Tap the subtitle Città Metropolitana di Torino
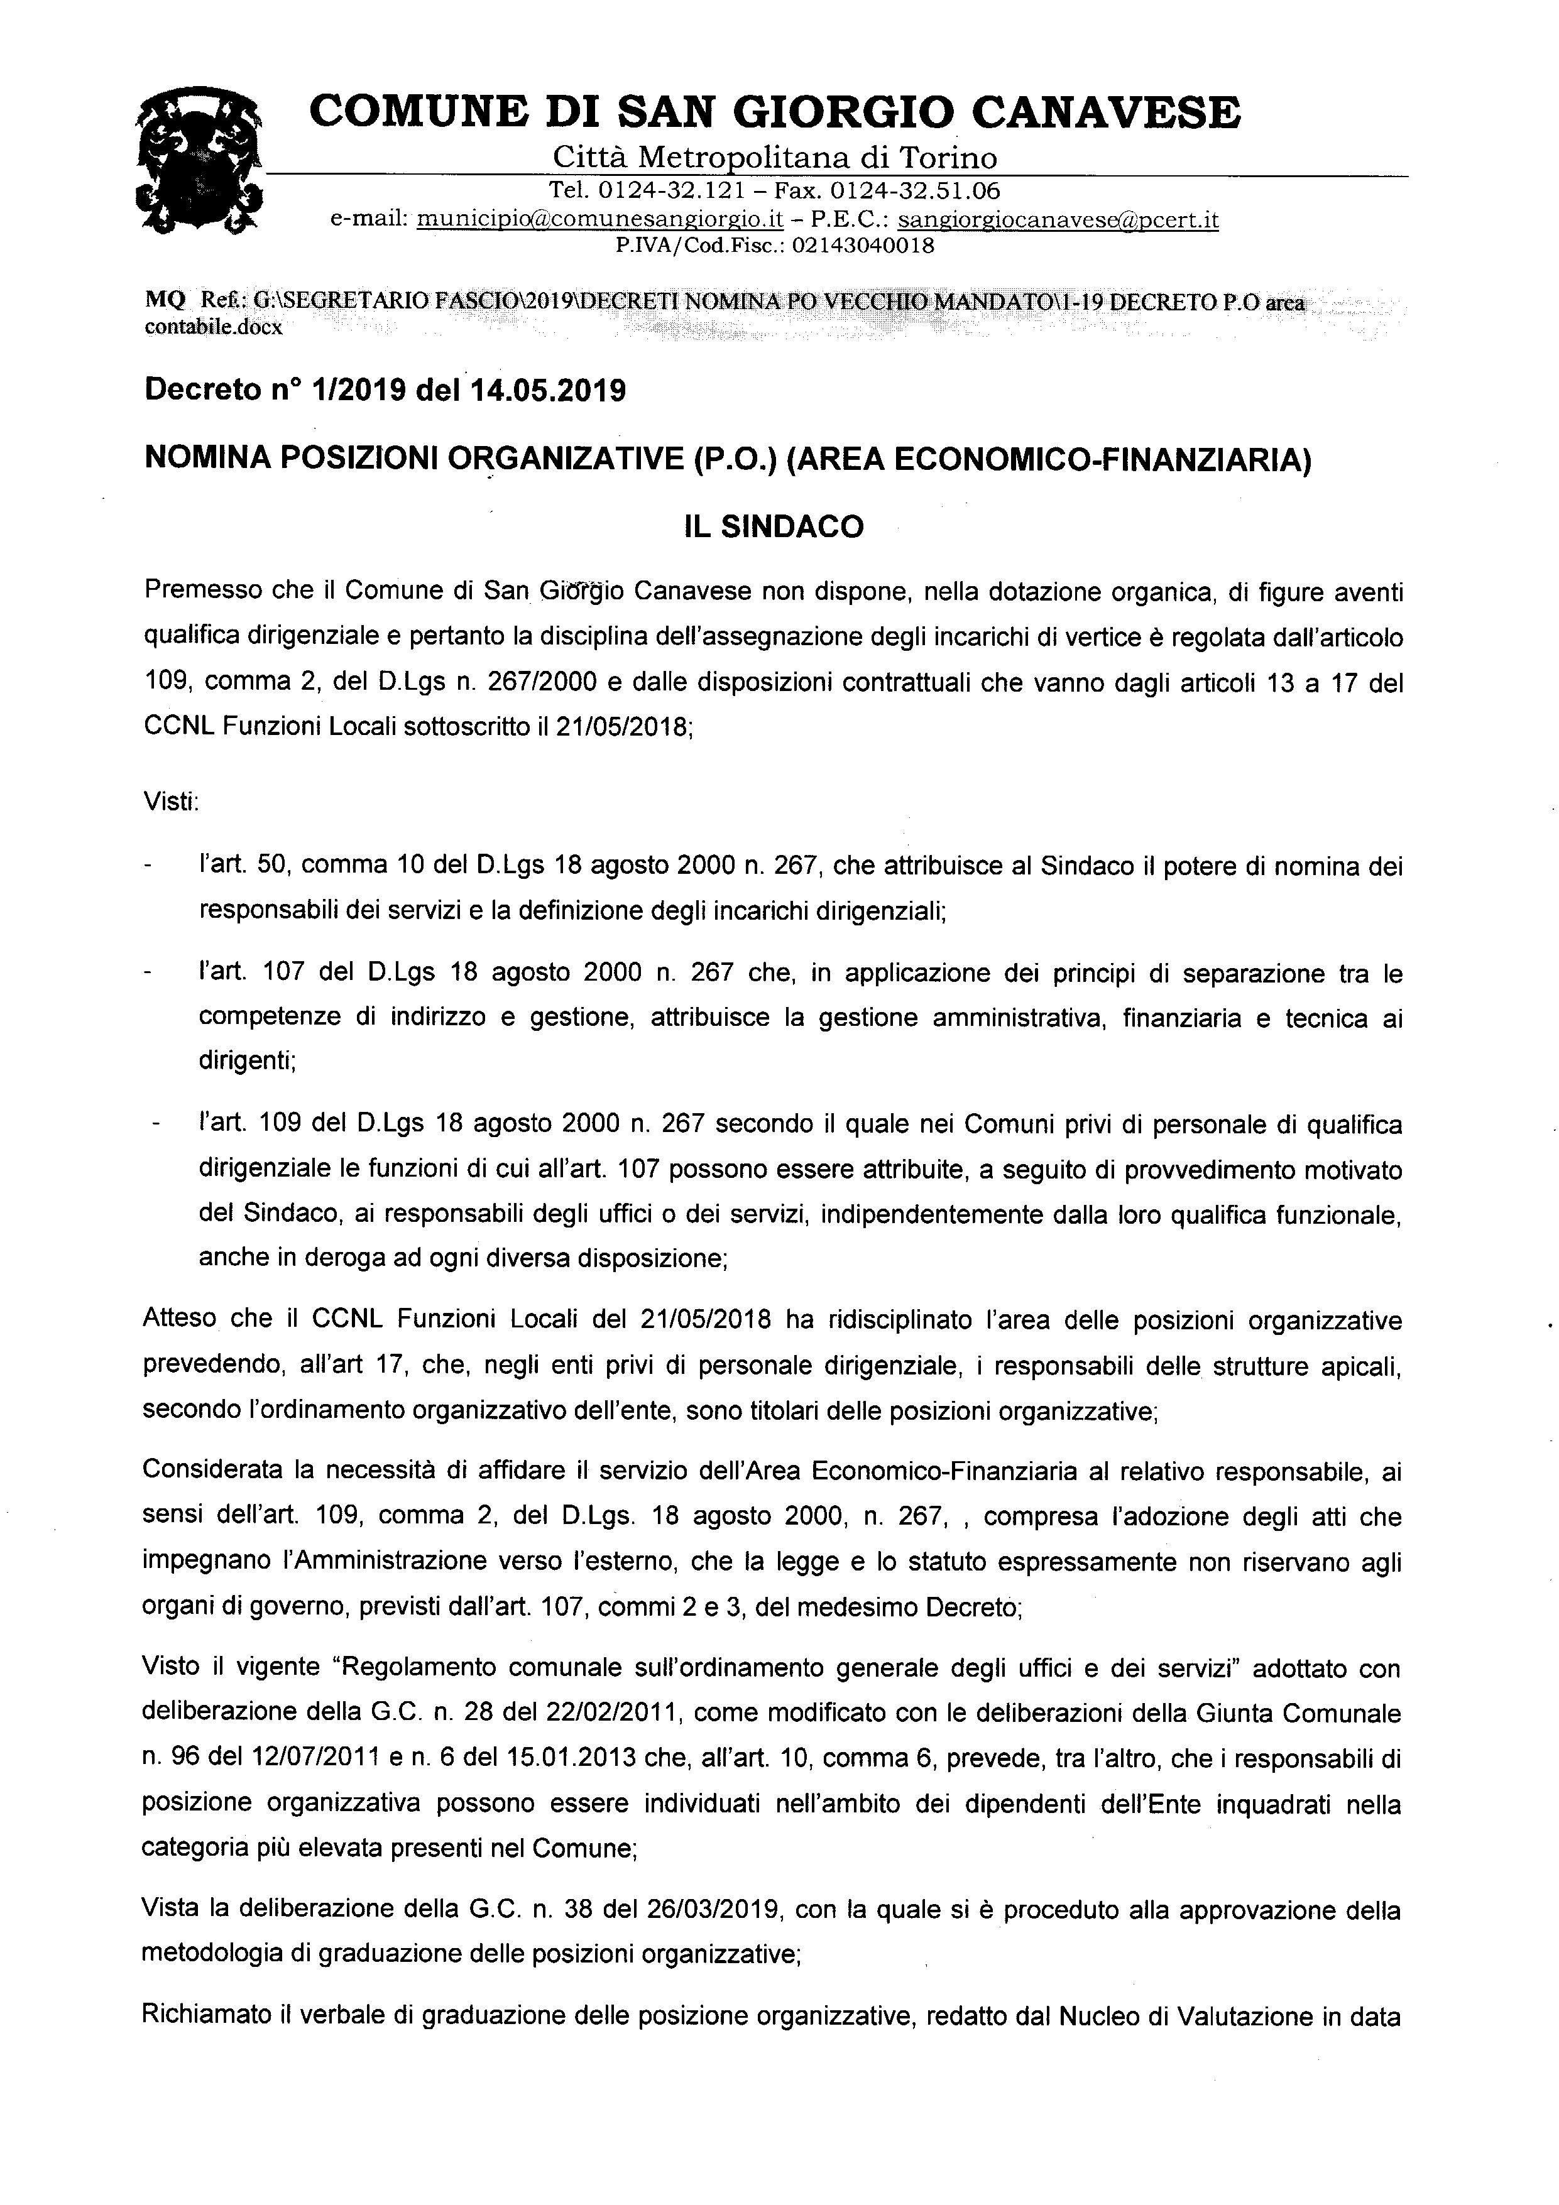point(774,156)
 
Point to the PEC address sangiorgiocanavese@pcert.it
point(1058,219)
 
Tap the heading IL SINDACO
point(774,527)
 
